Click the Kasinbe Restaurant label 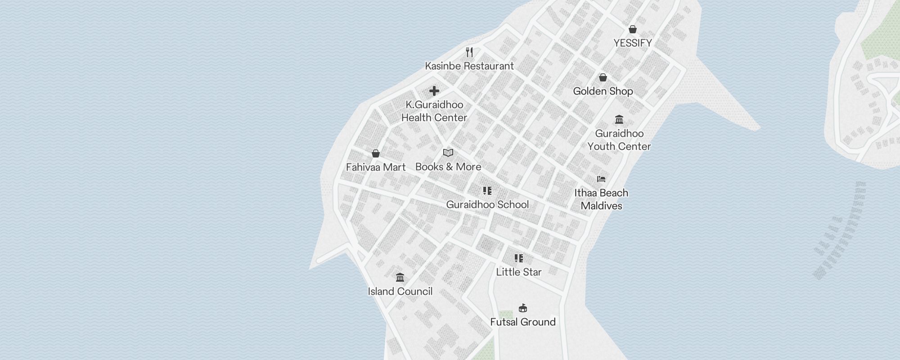coord(469,66)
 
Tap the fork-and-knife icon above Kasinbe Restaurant coord(469,52)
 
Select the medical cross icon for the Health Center coord(434,91)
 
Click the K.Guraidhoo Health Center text coord(434,111)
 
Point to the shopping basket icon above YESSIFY coord(633,29)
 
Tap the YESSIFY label coord(633,43)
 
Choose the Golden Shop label coord(603,91)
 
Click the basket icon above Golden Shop coord(603,77)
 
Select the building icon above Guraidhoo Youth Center coord(619,120)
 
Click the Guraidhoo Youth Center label coord(619,140)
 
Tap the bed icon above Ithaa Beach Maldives coord(601,179)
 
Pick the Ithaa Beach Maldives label coord(601,199)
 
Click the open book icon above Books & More coord(448,153)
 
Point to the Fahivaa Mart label coord(376,167)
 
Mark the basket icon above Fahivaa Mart coord(376,153)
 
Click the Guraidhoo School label coord(487,205)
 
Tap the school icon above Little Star coord(519,258)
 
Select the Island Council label coord(400,292)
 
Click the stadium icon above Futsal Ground coord(522,308)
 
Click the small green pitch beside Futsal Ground coord(506,315)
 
